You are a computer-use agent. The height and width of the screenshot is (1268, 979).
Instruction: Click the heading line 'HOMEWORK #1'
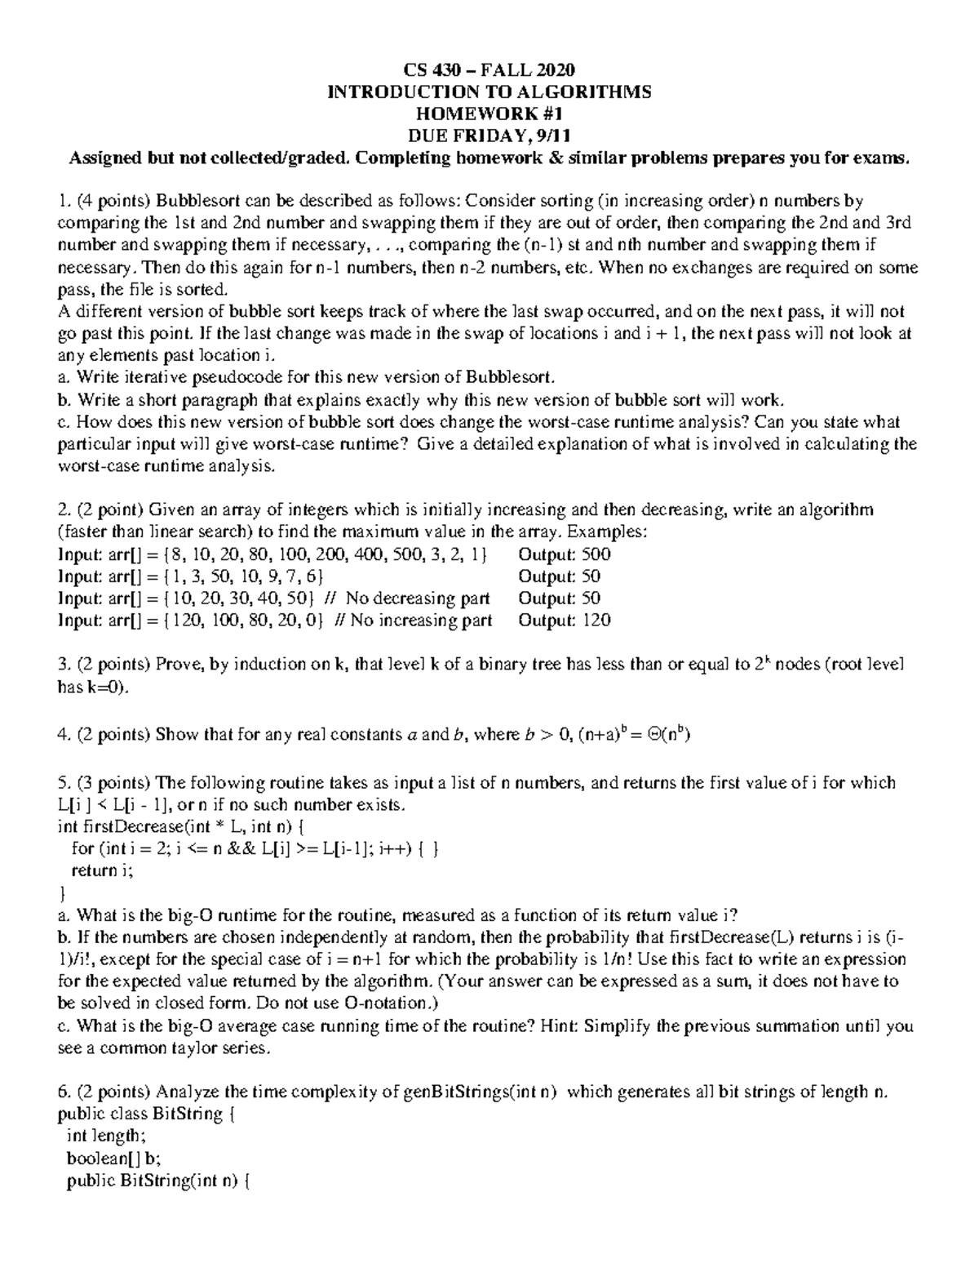(x=489, y=113)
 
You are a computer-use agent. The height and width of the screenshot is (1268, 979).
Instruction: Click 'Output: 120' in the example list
(x=565, y=621)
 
